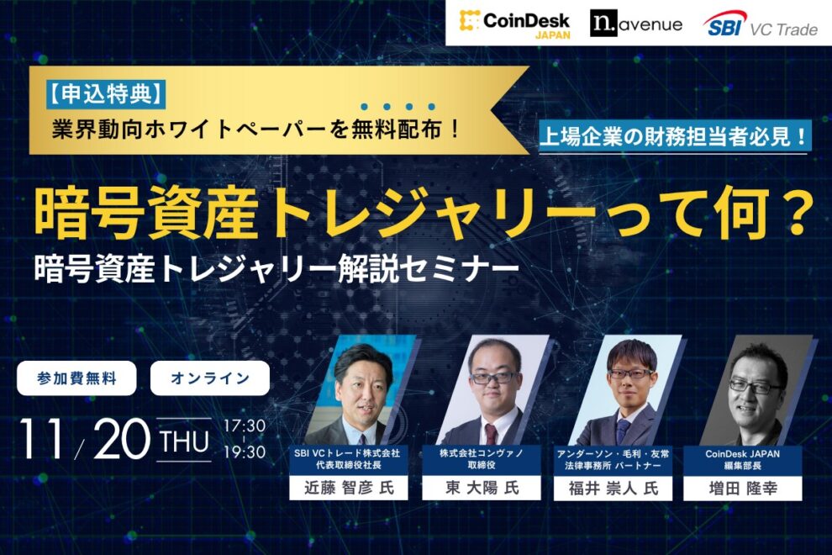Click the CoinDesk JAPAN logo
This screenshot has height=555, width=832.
pos(515,24)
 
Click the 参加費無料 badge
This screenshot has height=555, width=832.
pos(76,378)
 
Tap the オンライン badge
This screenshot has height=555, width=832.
pos(210,378)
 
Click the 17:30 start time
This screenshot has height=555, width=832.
pos(245,425)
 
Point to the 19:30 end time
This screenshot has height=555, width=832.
pos(245,452)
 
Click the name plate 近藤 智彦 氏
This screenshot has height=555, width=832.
pos(348,488)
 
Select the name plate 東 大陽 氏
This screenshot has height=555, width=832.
pos(481,488)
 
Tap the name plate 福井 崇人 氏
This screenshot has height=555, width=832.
pos(609,488)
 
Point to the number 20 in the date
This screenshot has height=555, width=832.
pos(121,439)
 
